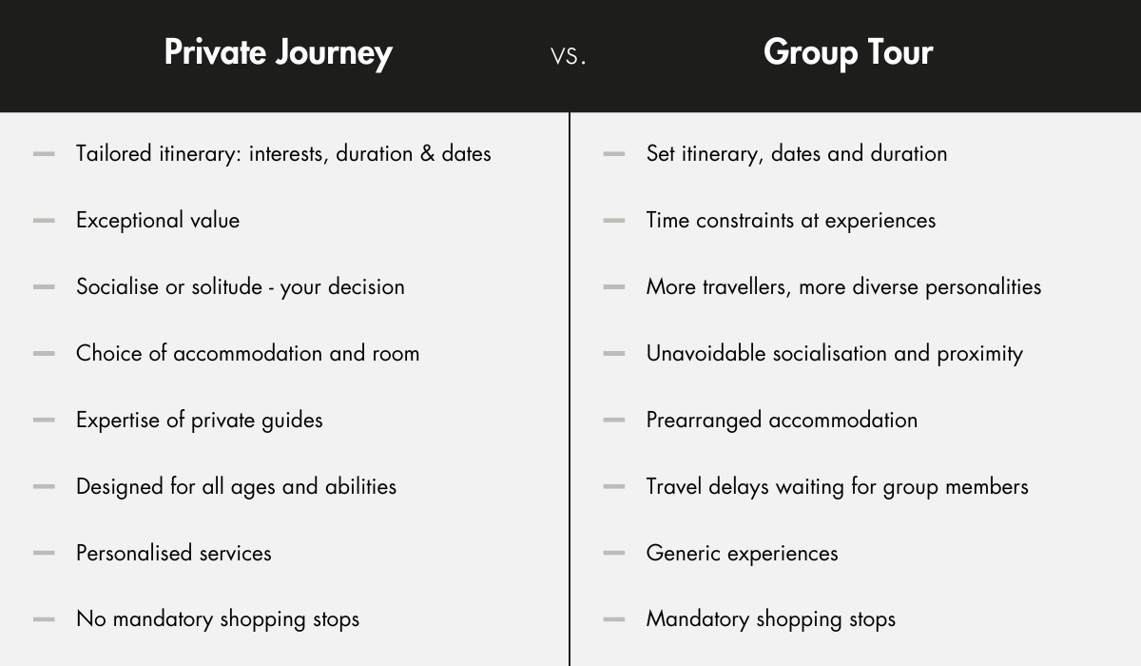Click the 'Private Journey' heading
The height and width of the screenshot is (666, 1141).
278,53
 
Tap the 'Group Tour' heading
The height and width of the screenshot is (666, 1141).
848,53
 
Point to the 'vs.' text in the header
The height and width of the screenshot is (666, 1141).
568,56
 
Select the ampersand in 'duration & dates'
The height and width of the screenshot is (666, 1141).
427,154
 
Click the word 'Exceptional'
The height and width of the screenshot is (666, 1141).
129,221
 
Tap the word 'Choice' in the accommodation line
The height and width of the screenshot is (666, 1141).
109,353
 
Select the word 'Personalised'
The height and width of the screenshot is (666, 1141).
134,553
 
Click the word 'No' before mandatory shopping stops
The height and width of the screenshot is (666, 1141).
91,619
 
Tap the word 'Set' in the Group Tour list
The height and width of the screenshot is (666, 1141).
661,154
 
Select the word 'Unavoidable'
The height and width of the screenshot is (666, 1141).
706,353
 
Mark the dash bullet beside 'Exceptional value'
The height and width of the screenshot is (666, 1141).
44,221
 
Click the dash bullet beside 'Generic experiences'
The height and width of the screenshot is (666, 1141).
614,553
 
